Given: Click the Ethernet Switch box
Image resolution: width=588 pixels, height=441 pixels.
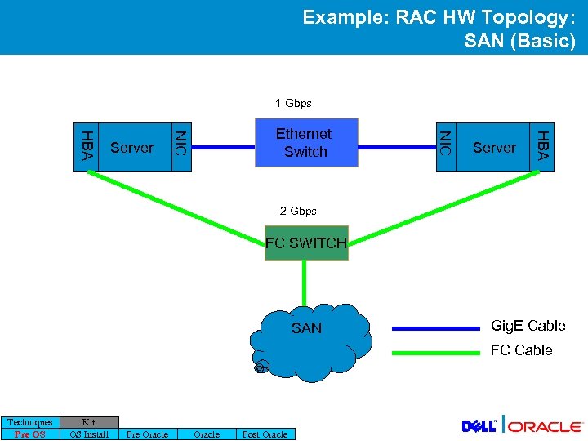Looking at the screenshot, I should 303,143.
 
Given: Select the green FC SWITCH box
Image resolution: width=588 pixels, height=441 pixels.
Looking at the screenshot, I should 306,243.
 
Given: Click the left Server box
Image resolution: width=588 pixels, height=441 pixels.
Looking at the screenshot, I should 131,148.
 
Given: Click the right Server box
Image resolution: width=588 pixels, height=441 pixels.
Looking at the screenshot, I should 494,148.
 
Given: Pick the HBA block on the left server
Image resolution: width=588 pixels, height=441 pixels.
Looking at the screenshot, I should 86,147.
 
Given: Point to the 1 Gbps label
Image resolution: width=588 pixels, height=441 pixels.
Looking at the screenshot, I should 293,104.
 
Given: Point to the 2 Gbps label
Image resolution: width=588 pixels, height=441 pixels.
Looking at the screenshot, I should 298,211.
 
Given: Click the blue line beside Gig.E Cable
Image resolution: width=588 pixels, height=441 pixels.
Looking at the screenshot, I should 435,327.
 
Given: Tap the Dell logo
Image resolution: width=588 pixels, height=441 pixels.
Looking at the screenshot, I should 480,426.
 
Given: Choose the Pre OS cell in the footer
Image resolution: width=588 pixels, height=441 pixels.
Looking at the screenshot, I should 30,434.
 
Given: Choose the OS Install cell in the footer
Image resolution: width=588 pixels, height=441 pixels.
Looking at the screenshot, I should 89,434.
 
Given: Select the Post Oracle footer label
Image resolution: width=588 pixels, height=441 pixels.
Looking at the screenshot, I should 265,434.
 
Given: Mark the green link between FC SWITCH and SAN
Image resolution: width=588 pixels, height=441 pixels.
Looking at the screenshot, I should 304,282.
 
